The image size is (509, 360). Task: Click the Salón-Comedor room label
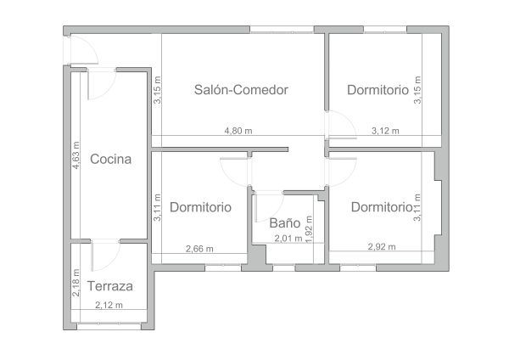pyautogui.click(x=241, y=90)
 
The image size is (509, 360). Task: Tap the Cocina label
pyautogui.click(x=110, y=159)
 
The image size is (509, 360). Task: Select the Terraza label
pyautogui.click(x=110, y=286)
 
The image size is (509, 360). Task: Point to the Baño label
pyautogui.click(x=285, y=223)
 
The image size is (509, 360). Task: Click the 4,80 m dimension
pyautogui.click(x=238, y=131)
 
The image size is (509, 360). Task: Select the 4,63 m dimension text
pyautogui.click(x=76, y=155)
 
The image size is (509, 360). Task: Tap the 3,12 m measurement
pyautogui.click(x=385, y=131)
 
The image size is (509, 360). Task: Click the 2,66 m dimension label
pyautogui.click(x=199, y=249)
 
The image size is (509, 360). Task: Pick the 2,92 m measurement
pyautogui.click(x=382, y=246)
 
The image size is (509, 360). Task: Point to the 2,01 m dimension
pyautogui.click(x=288, y=239)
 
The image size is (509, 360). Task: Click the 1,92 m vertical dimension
pyautogui.click(x=309, y=229)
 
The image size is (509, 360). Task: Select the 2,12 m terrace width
pyautogui.click(x=109, y=305)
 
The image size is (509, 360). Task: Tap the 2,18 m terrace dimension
pyautogui.click(x=76, y=283)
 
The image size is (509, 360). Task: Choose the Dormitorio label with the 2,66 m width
pyautogui.click(x=200, y=207)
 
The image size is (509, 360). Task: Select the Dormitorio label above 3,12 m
pyautogui.click(x=378, y=90)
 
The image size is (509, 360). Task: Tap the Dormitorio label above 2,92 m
pyautogui.click(x=382, y=207)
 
